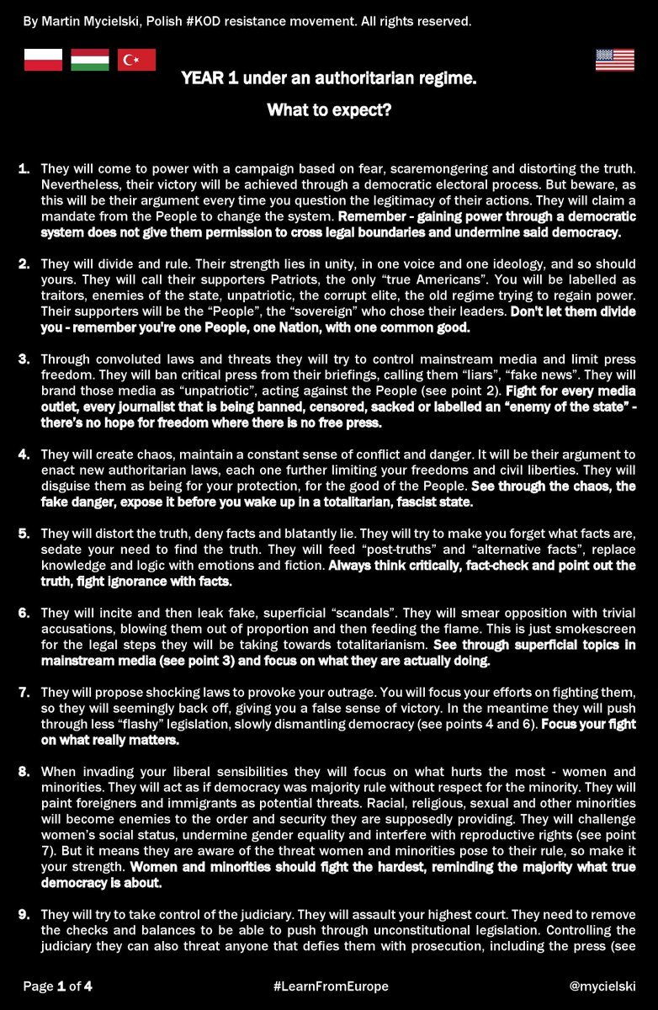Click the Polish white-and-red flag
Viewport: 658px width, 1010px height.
click(x=43, y=60)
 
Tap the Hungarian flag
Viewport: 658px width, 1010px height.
click(x=89, y=60)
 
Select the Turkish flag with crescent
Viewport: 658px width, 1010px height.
click(x=136, y=60)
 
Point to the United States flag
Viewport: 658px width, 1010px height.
click(x=615, y=60)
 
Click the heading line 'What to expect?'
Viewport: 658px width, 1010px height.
click(x=328, y=109)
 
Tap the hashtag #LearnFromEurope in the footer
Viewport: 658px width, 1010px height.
click(x=331, y=986)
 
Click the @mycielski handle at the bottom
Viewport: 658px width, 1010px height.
click(x=602, y=986)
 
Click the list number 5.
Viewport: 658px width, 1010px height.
click(x=24, y=534)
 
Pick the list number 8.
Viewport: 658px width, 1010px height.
click(x=24, y=771)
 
